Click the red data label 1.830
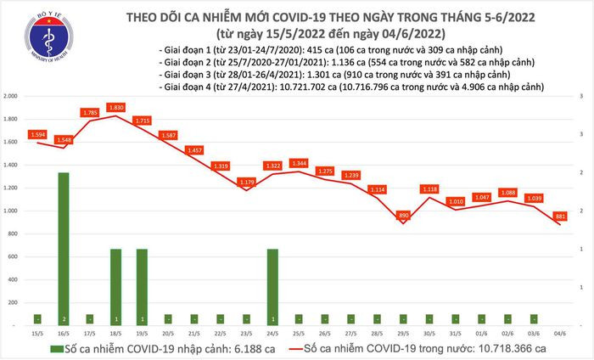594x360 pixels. pyautogui.click(x=116, y=107)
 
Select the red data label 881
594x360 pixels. pyautogui.click(x=561, y=217)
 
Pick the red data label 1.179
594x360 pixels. pyautogui.click(x=246, y=182)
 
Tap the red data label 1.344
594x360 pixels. pyautogui.click(x=299, y=162)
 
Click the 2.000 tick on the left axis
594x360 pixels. pyautogui.click(x=11, y=97)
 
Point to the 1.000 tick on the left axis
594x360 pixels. pyautogui.click(x=11, y=211)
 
